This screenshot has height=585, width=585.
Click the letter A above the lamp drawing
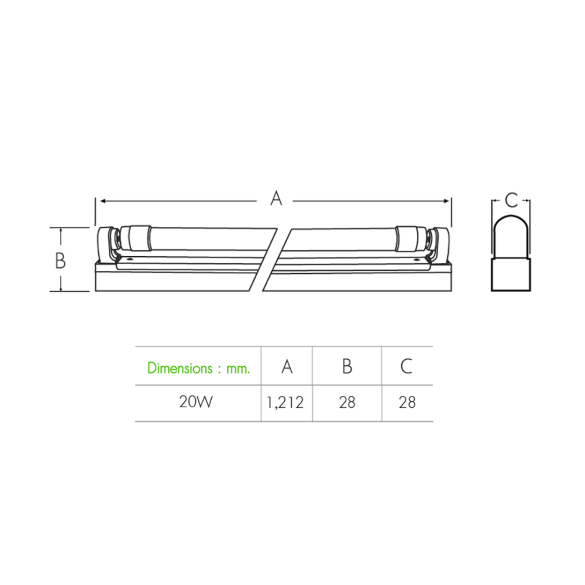276,198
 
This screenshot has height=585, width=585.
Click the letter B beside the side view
60,260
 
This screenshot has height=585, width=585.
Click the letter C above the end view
511,200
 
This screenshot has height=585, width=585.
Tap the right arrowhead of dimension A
446,201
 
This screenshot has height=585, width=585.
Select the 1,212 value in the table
285,402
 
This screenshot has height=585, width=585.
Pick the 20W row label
196,402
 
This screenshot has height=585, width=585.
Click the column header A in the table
287,366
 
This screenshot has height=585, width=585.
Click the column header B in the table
347,366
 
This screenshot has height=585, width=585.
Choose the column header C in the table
407,366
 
